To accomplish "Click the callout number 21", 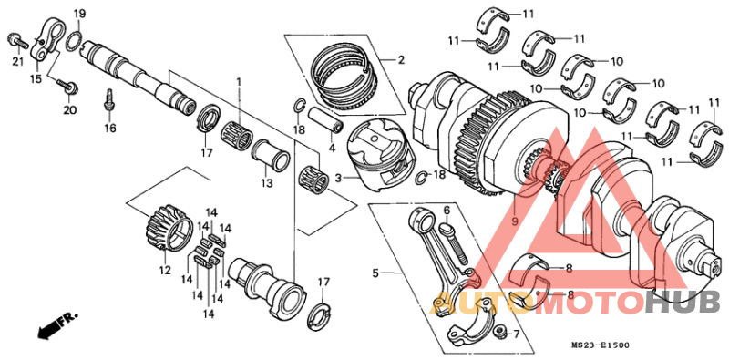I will (17, 61).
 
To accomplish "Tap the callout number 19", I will (79, 14).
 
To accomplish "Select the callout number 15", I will (36, 79).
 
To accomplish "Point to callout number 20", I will (69, 110).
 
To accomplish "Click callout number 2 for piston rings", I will (399, 60).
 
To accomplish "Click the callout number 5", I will (374, 272).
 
